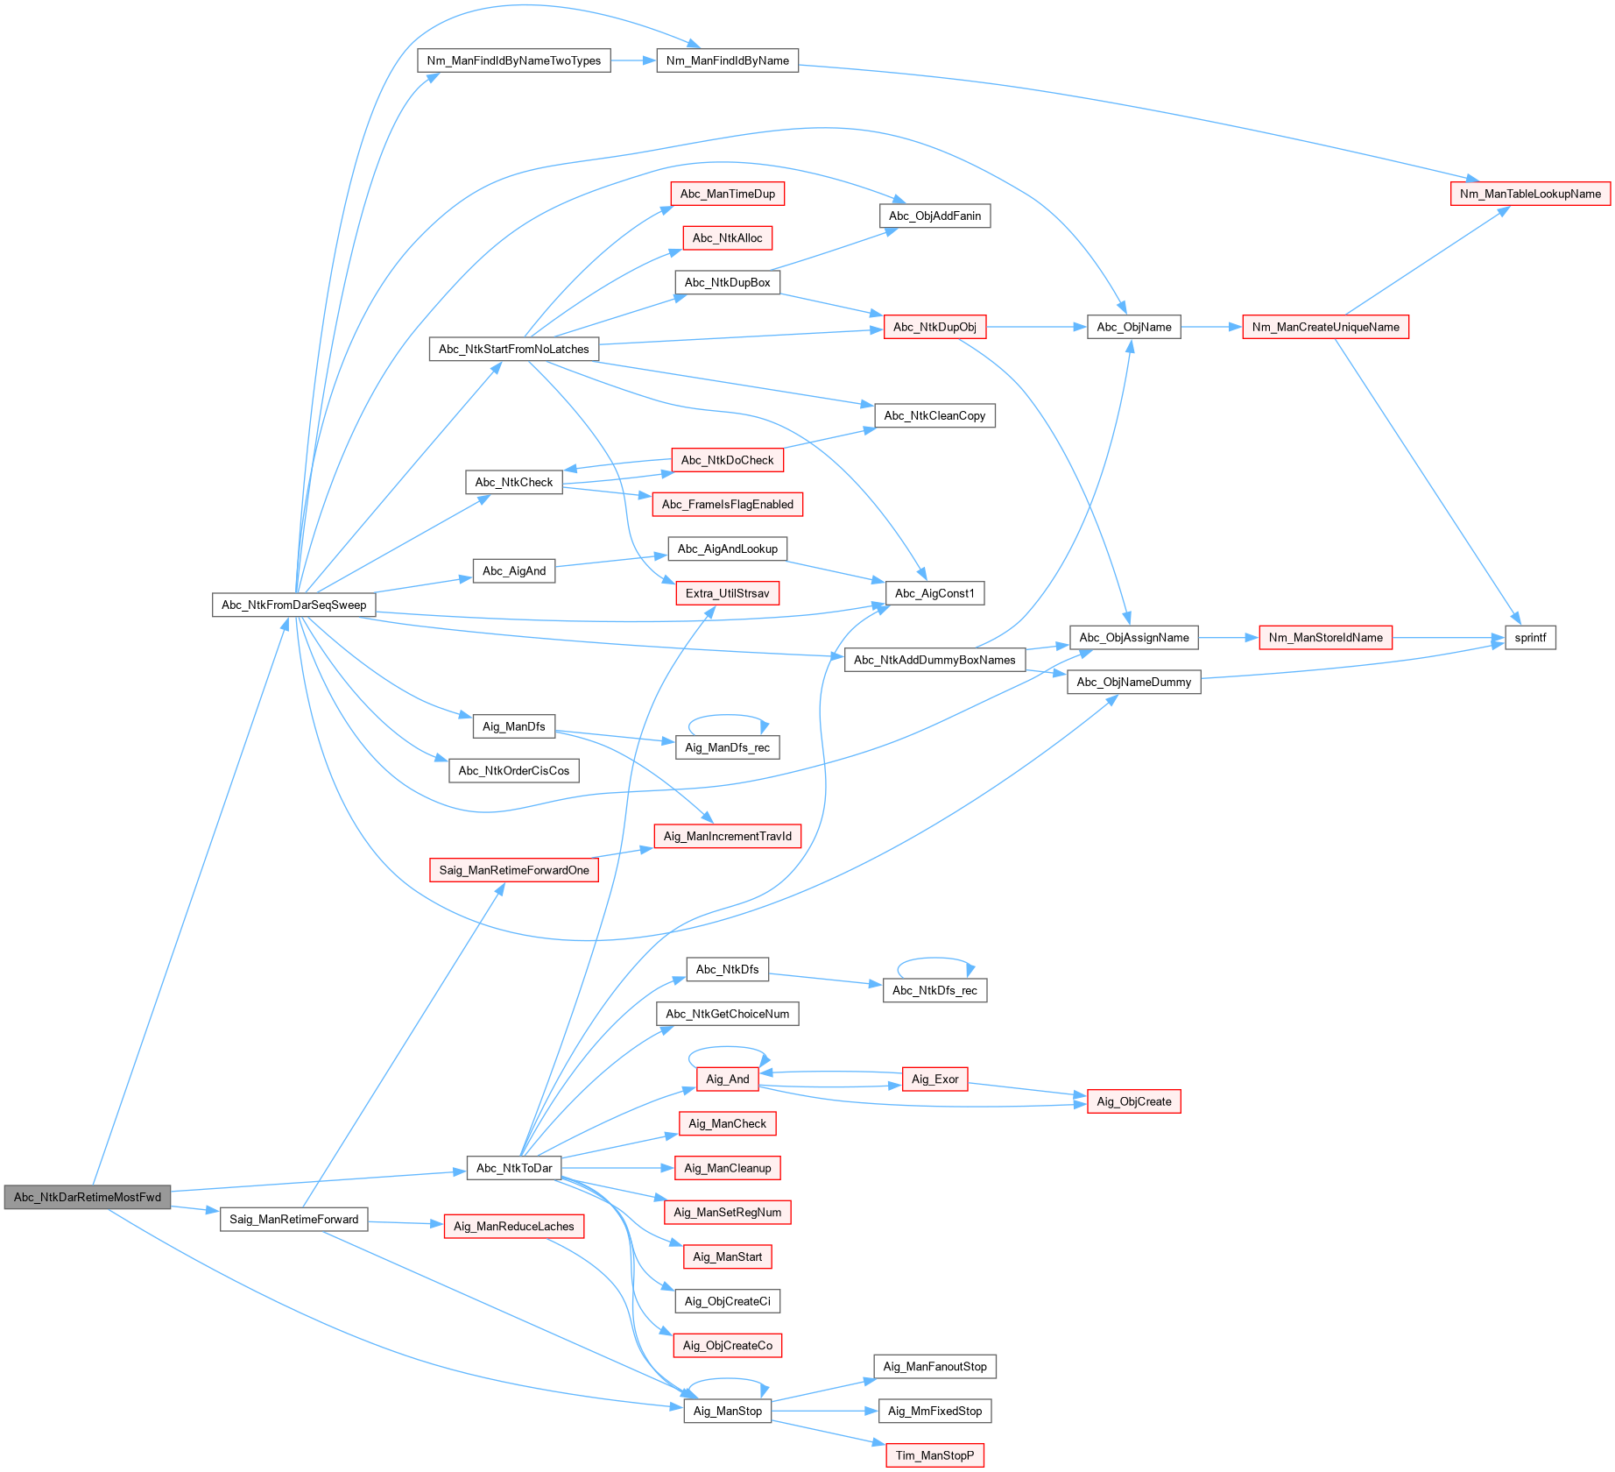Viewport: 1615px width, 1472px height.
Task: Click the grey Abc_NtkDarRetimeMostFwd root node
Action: click(x=87, y=1197)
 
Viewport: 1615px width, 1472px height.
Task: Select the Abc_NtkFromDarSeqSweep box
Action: click(x=293, y=605)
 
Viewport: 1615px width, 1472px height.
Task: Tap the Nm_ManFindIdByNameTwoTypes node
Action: click(x=514, y=60)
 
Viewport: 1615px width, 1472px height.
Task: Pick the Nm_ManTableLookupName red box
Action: click(x=1529, y=194)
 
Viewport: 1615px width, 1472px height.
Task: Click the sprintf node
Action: click(x=1530, y=637)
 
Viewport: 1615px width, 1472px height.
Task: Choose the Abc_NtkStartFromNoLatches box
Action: click(x=513, y=349)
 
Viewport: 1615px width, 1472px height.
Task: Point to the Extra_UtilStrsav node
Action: click(x=727, y=593)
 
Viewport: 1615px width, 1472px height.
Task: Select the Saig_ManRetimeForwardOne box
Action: click(x=513, y=870)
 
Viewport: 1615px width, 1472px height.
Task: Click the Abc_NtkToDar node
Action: click(x=514, y=1168)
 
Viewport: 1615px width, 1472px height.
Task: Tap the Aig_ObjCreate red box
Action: click(x=1133, y=1101)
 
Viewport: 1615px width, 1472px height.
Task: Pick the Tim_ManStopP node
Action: click(x=934, y=1455)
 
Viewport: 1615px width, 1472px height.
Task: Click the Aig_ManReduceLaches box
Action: click(x=513, y=1226)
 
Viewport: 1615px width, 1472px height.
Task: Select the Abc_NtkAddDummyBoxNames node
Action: click(x=934, y=660)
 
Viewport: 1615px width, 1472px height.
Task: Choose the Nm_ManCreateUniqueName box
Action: click(x=1325, y=327)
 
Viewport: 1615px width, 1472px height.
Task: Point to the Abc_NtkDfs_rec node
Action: click(x=934, y=990)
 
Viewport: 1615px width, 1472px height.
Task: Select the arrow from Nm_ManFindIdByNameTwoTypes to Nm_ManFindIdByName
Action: click(x=633, y=60)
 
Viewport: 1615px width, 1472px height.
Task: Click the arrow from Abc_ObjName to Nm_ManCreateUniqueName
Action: click(x=1211, y=327)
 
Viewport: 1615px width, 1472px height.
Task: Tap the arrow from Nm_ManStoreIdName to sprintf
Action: click(x=1448, y=638)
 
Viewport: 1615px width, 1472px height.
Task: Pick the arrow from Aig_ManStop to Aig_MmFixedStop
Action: click(x=824, y=1411)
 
